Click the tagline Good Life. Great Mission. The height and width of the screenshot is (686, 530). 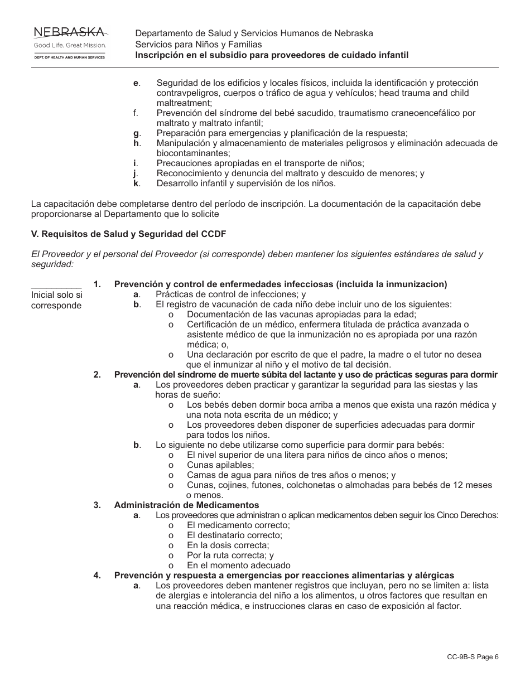pos(69,45)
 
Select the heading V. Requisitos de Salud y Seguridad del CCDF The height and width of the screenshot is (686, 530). pos(129,234)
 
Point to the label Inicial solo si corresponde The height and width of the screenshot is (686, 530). pos(56,300)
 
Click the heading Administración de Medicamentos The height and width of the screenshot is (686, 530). pos(186,505)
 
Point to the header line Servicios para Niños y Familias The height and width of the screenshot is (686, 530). pos(198,44)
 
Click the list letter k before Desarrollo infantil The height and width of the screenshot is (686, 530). pos(136,183)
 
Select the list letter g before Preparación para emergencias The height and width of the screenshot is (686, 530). pos(136,133)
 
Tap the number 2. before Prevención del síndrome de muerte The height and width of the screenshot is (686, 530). pos(97,374)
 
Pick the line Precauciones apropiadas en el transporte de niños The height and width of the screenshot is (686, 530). pos(260,163)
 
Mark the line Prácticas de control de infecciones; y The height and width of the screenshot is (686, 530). pos(230,294)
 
